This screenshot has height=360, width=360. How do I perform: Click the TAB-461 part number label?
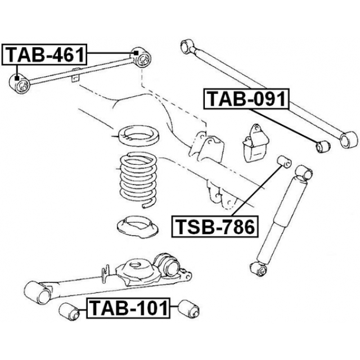click(x=45, y=55)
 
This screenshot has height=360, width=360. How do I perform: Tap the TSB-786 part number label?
click(x=213, y=227)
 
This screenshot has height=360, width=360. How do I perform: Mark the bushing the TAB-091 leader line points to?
click(x=323, y=146)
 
